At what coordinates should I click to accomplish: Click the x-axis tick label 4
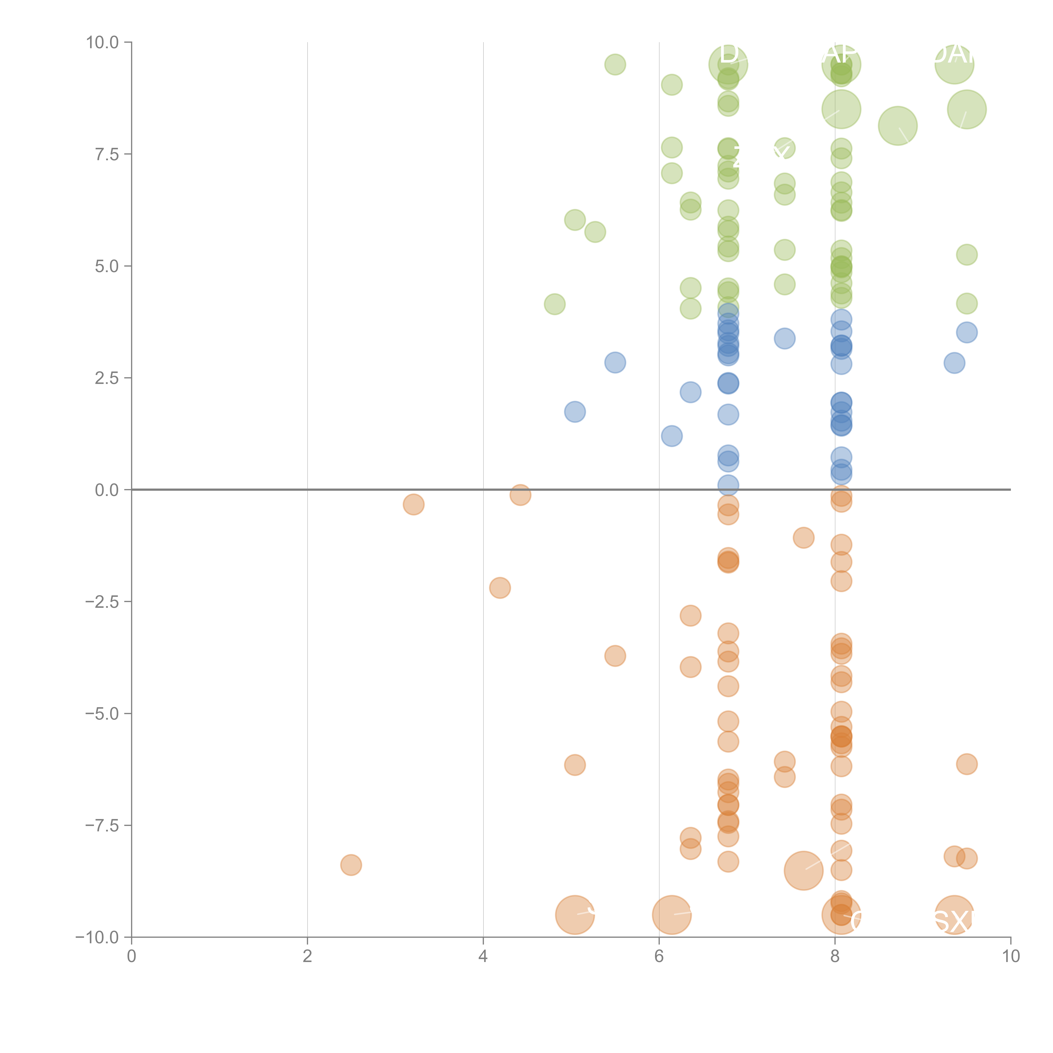(483, 956)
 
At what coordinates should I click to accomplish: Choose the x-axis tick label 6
(659, 956)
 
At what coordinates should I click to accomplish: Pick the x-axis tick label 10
(1010, 956)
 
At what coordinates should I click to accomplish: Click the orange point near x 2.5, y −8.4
(351, 865)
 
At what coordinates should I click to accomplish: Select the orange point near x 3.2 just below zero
(414, 504)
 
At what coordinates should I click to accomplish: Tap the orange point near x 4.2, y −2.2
(500, 588)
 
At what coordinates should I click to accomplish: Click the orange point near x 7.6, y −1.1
(803, 538)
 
